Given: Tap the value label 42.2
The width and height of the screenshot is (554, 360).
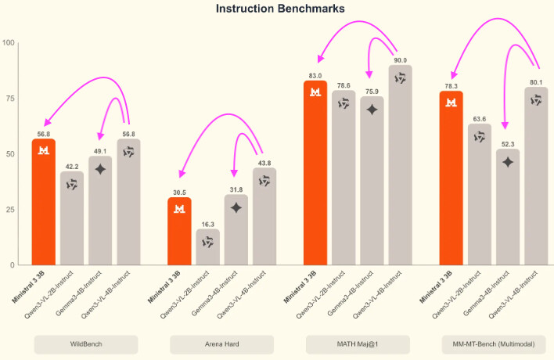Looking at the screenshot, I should [x=72, y=166].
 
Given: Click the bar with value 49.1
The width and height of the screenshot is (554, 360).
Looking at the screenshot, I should [x=100, y=211].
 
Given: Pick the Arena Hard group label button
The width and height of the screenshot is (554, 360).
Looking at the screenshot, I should [x=222, y=344].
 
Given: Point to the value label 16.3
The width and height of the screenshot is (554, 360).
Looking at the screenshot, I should [x=207, y=224].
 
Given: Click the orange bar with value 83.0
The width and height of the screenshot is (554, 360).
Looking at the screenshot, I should [x=315, y=172].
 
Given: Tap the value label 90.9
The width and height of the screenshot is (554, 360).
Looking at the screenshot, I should [x=401, y=59].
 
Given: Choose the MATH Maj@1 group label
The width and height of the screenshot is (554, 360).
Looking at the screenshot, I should [x=358, y=344].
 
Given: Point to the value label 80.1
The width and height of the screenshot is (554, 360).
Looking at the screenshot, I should [x=537, y=82].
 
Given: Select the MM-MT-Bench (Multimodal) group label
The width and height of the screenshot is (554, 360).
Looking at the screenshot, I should [x=493, y=344].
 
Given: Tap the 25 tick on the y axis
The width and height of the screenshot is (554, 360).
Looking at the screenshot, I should [x=10, y=210].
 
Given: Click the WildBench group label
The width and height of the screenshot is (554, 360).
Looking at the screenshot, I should [x=86, y=344].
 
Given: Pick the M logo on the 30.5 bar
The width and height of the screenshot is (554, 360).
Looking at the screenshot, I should [x=179, y=208].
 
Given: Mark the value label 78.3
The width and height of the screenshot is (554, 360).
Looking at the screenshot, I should [x=451, y=86].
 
